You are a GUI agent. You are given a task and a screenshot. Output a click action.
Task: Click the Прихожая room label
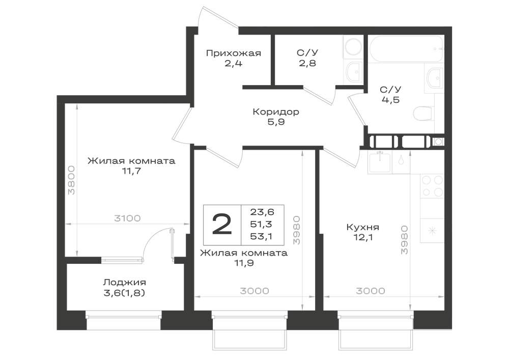click(x=234, y=53)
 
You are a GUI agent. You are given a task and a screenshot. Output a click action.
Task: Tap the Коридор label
click(x=276, y=112)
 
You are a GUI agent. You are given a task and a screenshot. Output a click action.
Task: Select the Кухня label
click(x=362, y=227)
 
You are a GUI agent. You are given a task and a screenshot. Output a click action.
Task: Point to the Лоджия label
click(x=125, y=283)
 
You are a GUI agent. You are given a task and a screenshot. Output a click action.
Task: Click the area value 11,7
click(x=131, y=171)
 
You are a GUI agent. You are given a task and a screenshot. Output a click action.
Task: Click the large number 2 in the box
click(x=222, y=225)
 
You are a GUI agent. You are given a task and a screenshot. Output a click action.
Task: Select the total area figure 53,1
click(x=261, y=237)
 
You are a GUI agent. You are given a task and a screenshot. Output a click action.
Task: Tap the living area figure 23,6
click(x=262, y=212)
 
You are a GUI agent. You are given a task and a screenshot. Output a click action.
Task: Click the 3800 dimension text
click(x=71, y=180)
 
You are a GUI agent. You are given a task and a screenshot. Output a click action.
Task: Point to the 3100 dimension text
click(x=127, y=218)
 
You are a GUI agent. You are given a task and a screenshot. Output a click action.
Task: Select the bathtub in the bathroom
click(x=406, y=49)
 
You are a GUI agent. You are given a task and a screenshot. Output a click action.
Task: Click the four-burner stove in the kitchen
click(x=432, y=186)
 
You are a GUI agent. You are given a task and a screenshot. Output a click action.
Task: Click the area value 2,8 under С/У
click(x=307, y=63)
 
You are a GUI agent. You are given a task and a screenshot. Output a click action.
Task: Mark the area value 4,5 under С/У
click(x=390, y=100)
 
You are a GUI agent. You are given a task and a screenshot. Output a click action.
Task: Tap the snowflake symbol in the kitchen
click(x=432, y=231)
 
